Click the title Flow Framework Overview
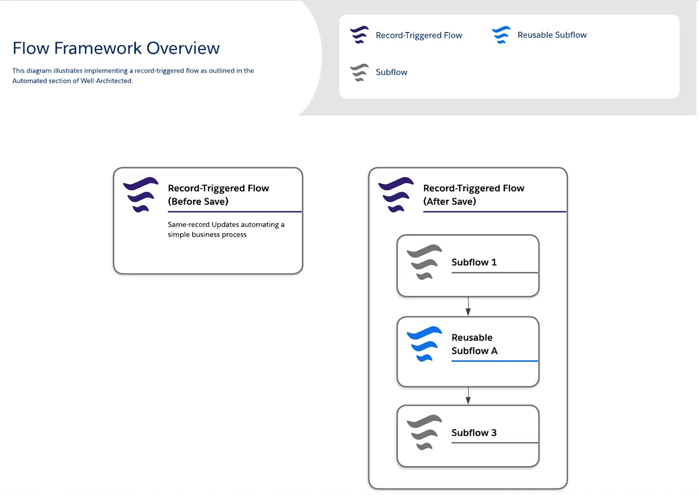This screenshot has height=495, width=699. click(116, 48)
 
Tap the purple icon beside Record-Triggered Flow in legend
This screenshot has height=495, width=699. click(359, 35)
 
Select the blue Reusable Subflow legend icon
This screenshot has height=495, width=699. click(501, 35)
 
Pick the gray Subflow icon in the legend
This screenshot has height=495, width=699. click(359, 73)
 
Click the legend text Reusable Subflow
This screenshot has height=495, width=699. click(552, 35)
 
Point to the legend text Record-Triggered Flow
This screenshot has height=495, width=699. click(418, 36)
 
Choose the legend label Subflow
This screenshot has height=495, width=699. click(391, 73)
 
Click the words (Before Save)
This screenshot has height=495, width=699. click(198, 202)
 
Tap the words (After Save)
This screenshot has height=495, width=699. click(449, 202)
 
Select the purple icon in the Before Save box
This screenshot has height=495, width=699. click(141, 195)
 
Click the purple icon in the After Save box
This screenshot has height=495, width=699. click(396, 195)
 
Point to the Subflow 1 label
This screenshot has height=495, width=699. click(474, 262)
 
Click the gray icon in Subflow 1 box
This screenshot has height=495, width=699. click(424, 262)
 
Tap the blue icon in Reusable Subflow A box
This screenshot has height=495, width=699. click(424, 344)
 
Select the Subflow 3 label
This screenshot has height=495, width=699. click(474, 433)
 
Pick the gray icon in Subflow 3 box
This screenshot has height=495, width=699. click(424, 432)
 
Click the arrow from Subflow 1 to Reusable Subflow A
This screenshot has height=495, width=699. click(468, 307)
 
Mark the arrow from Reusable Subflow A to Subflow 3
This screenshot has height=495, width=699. click(468, 396)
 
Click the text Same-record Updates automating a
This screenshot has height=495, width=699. click(226, 225)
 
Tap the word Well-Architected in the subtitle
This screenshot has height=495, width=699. click(106, 81)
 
